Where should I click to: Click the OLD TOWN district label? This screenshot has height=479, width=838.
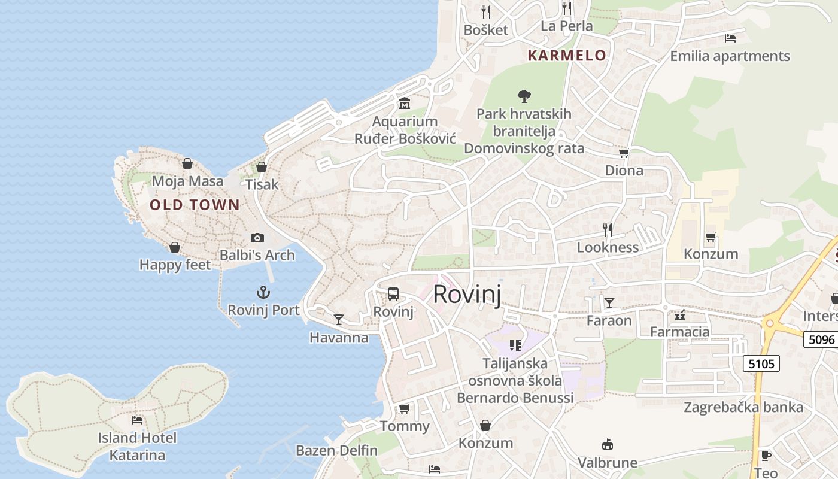point(195,205)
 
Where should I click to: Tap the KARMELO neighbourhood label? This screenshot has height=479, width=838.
point(567,56)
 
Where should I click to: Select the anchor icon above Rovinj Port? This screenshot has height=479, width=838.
point(263,293)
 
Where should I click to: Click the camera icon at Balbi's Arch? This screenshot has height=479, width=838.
point(257,238)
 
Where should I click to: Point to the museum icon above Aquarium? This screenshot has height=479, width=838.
point(404,103)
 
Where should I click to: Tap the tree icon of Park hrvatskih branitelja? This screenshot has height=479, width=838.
point(524,96)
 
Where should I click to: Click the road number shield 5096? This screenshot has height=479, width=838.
point(821,339)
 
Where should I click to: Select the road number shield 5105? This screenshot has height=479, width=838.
point(761,363)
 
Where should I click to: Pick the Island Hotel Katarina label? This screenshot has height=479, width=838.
point(137,447)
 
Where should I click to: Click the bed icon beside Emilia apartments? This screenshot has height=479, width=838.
point(730,38)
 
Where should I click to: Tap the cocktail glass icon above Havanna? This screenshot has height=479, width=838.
point(339,320)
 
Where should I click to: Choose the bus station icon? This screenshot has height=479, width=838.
point(393,294)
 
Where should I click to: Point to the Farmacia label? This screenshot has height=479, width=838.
point(680,332)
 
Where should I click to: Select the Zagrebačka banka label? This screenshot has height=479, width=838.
point(743,407)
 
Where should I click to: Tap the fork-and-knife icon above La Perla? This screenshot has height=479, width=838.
point(566,8)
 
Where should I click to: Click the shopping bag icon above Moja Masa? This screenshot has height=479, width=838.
point(187,163)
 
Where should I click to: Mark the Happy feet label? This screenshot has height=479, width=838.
point(175,265)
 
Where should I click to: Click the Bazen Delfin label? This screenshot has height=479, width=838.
point(336,450)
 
